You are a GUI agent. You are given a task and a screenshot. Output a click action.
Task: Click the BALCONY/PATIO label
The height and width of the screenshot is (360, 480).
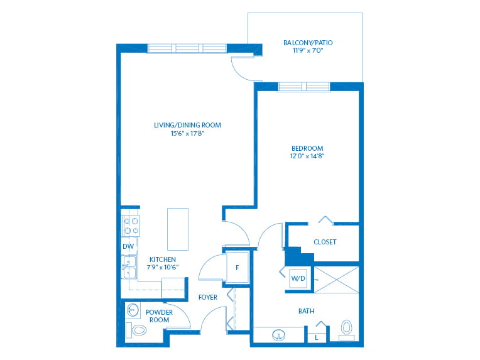308,43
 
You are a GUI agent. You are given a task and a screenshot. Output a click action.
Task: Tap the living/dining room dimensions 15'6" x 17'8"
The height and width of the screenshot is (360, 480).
187,133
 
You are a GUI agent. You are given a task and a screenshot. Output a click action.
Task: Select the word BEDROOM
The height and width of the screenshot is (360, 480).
307,148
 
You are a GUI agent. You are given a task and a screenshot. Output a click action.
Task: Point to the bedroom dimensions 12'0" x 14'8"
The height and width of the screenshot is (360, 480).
307,156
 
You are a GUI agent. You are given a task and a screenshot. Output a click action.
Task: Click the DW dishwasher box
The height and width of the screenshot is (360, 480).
129,246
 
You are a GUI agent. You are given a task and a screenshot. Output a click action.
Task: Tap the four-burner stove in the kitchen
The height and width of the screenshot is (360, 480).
131,226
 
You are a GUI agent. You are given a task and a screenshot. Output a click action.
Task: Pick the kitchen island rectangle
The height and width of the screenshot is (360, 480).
178,229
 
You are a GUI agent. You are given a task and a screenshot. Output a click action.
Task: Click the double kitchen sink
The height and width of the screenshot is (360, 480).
129,267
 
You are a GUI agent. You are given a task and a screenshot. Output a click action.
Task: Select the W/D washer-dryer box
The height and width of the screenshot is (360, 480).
298,278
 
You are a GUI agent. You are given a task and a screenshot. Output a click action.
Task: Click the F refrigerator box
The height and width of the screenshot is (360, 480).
237,268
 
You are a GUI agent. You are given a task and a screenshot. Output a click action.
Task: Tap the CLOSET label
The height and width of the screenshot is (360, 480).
325,242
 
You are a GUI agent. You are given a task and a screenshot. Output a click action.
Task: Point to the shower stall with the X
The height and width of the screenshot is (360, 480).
336,280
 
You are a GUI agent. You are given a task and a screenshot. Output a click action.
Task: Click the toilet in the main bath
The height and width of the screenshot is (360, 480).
347,329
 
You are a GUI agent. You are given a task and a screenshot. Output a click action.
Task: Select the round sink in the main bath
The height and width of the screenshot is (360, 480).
278,335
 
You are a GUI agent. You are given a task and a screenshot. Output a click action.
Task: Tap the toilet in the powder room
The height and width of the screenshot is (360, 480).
136,330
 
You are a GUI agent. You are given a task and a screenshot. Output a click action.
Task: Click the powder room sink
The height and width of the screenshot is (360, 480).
133,310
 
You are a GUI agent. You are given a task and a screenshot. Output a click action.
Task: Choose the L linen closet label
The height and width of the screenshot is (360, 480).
317,338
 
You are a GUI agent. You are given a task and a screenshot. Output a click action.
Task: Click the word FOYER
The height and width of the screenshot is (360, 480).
208,297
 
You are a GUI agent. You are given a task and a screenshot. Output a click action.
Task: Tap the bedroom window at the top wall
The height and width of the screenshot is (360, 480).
304,87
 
